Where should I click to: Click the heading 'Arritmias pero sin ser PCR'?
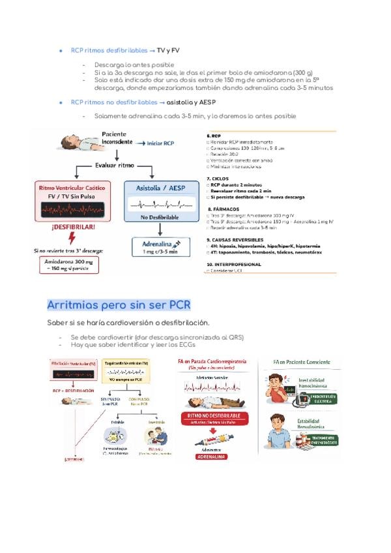coord(119,305)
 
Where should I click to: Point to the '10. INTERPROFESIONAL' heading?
coord(234,264)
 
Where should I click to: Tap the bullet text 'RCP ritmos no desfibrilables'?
coord(113,102)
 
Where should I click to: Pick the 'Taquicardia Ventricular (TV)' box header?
coord(128,363)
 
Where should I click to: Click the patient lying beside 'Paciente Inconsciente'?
coord(76,142)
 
